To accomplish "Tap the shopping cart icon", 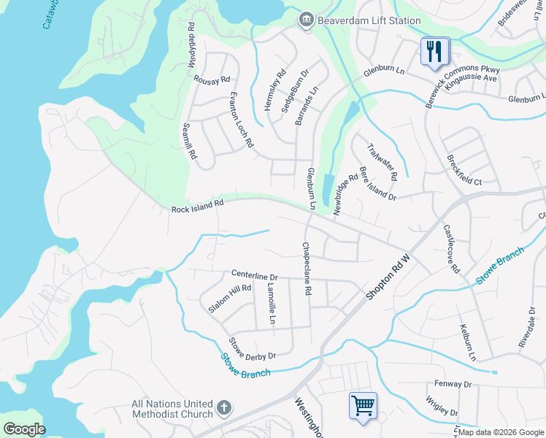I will click(363, 404).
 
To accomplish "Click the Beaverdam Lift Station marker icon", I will click(306, 21).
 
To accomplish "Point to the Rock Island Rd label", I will click(197, 208).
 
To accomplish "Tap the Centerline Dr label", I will click(255, 276).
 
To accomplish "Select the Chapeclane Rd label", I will click(307, 269).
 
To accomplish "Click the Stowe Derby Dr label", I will click(253, 348).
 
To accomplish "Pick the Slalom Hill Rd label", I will click(229, 299).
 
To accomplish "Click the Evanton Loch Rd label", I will click(241, 120).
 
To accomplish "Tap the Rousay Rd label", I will click(212, 78).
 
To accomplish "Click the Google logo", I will click(25, 429).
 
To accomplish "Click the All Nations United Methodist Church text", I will click(172, 409).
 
